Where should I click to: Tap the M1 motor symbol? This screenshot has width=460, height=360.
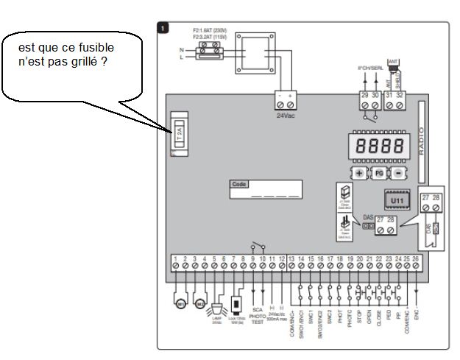(x=180, y=303)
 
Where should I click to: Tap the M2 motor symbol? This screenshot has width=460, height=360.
(x=199, y=303)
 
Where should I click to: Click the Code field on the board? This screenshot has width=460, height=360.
(x=266, y=190)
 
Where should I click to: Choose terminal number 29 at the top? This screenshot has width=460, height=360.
(x=364, y=94)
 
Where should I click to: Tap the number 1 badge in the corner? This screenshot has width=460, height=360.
(x=163, y=28)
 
